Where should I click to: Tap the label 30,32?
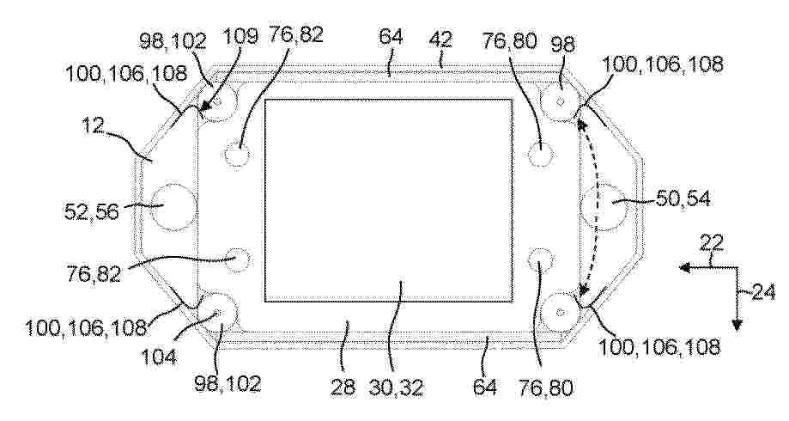pyautogui.click(x=397, y=387)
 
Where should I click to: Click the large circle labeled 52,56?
pyautogui.click(x=173, y=206)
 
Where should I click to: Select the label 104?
pyautogui.click(x=159, y=357)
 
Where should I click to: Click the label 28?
pyautogui.click(x=343, y=387)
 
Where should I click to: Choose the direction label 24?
pyautogui.click(x=764, y=293)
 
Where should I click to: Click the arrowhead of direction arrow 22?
pyautogui.click(x=684, y=268)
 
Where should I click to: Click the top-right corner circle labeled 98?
pyautogui.click(x=560, y=102)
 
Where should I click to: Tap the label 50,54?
pyautogui.click(x=683, y=199)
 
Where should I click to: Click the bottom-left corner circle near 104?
pyautogui.click(x=217, y=312)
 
